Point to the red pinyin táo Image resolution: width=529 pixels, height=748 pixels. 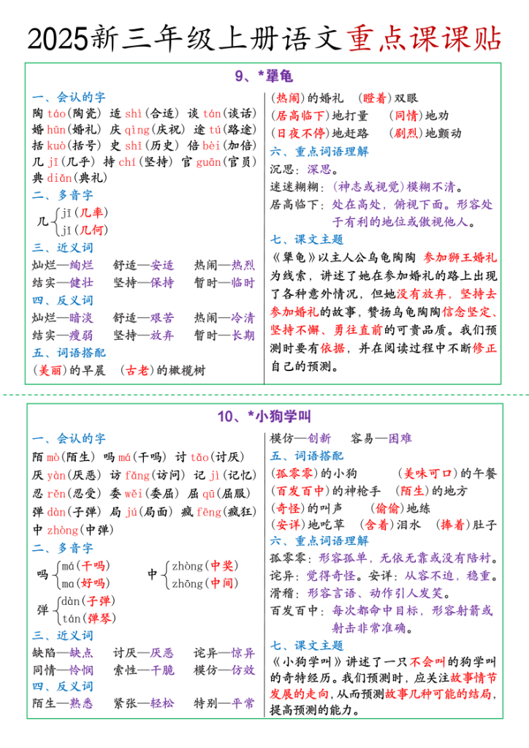pos(56,113)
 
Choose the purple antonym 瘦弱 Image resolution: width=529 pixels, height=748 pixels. pos(82,335)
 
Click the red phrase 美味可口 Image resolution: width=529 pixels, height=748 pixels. pos(427,473)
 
